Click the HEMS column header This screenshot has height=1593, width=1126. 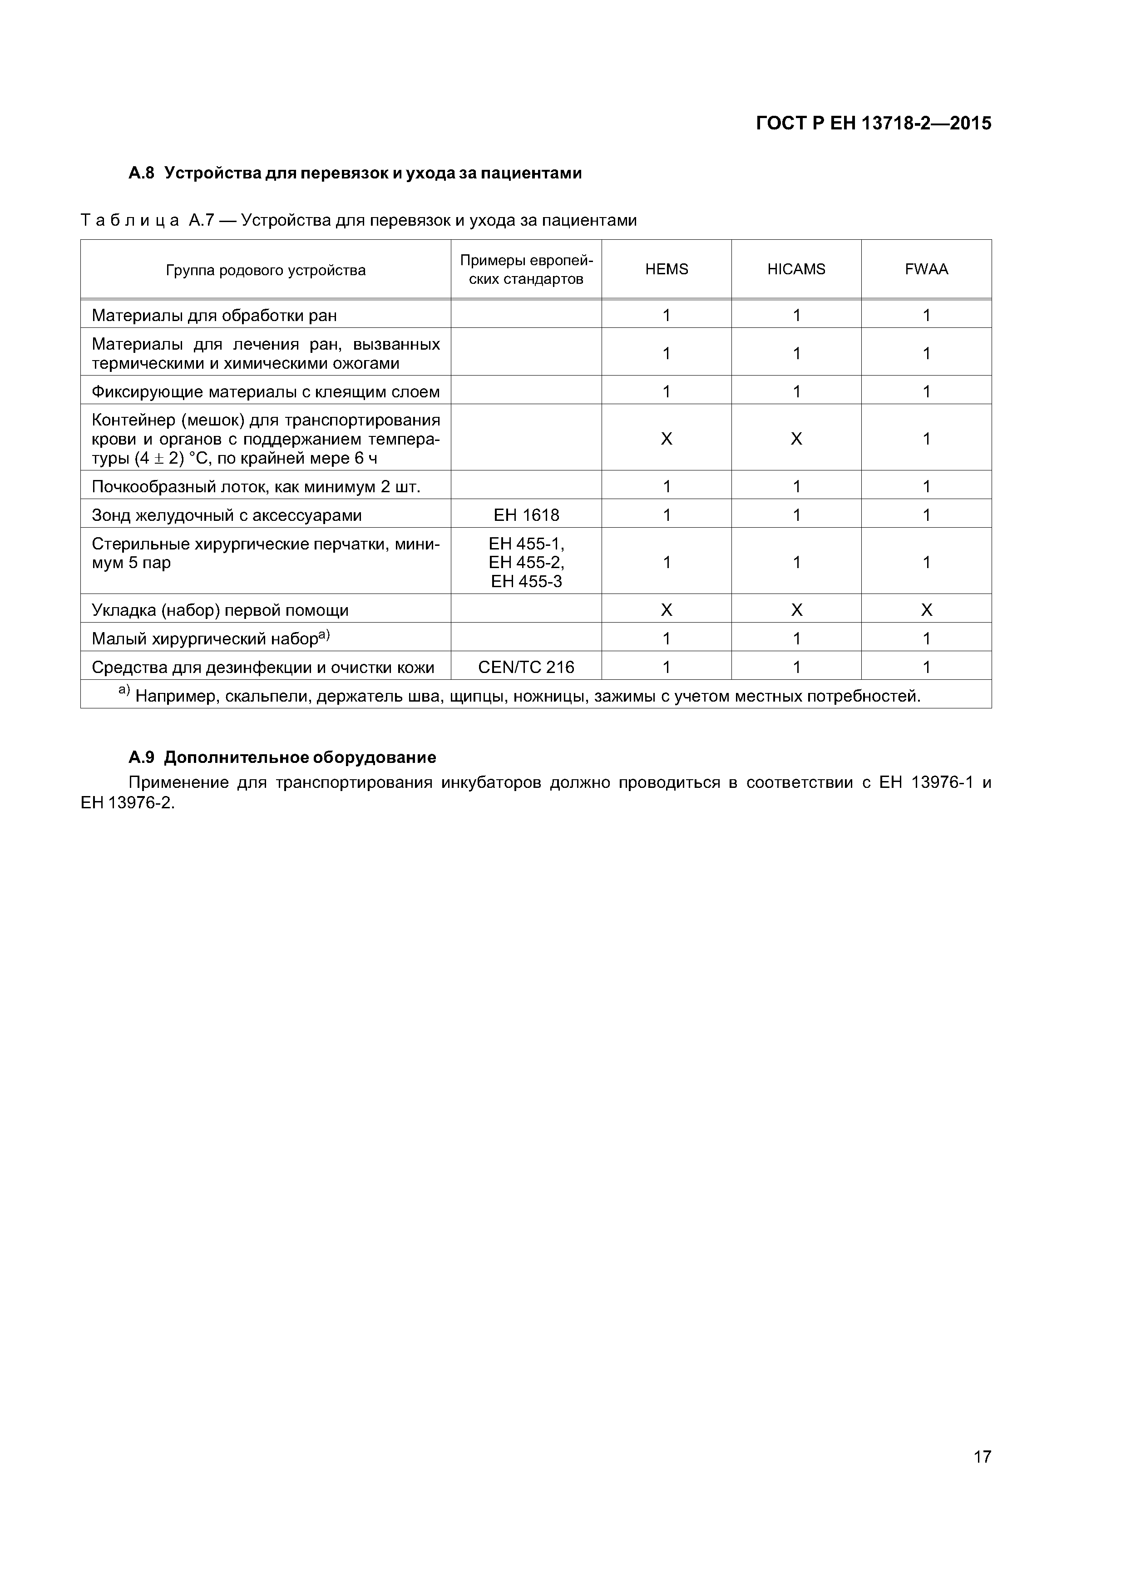(666, 269)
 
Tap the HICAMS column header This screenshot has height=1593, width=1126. (796, 269)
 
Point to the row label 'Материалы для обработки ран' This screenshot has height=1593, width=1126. (214, 316)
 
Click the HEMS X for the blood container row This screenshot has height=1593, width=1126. (666, 439)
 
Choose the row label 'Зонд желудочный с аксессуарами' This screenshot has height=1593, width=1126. (227, 515)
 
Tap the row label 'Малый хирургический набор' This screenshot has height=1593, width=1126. (205, 639)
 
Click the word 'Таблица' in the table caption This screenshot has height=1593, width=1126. (130, 221)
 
